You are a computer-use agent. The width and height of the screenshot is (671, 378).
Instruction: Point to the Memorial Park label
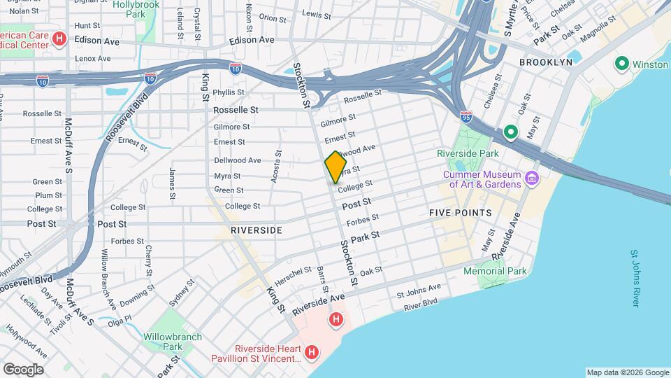tap(494, 271)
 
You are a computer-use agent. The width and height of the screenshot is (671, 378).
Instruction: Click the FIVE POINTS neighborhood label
tap(460, 213)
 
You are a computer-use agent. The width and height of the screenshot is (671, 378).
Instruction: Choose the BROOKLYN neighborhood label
tap(546, 62)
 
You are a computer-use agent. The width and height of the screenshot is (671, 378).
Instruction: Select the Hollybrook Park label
tap(136, 8)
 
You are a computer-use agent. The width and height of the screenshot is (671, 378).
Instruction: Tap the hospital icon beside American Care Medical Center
tap(59, 38)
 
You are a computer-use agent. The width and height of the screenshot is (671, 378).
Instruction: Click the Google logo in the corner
tap(23, 369)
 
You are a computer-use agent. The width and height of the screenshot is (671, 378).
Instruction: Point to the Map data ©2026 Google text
tap(627, 372)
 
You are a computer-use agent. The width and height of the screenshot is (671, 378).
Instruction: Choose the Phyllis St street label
tap(229, 92)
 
